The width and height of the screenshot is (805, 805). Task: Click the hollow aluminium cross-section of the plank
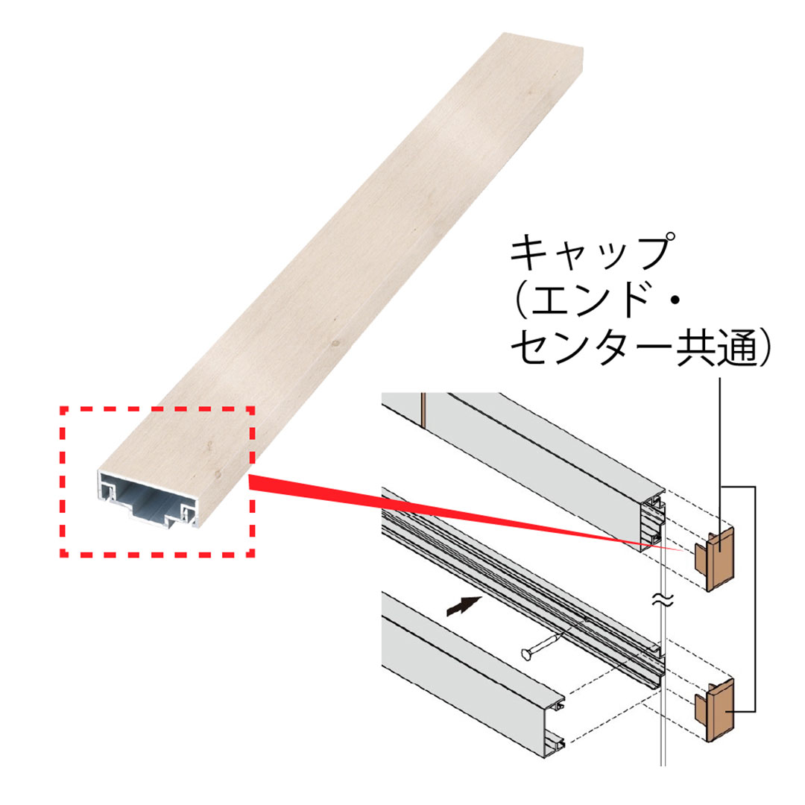(150, 502)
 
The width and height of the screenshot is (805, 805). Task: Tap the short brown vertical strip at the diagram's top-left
(423, 410)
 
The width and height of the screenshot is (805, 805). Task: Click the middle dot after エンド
(675, 302)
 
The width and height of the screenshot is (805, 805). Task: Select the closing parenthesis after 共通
(762, 349)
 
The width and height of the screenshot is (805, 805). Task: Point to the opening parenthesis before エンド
(522, 302)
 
